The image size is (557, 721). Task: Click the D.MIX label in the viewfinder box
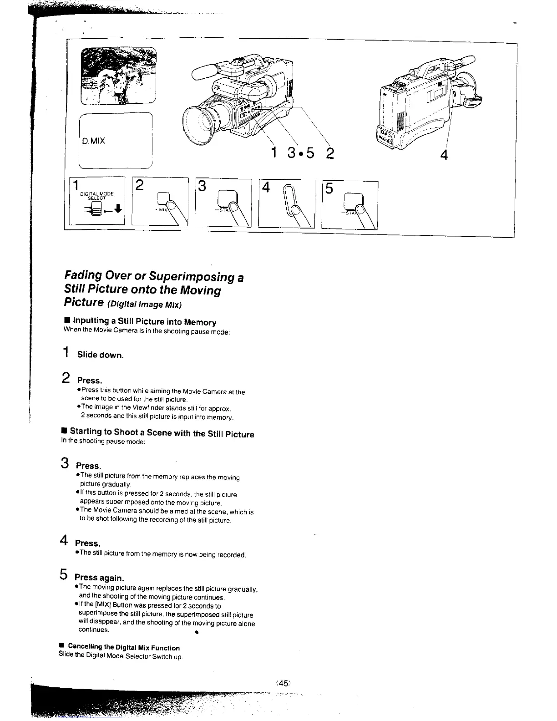click(94, 141)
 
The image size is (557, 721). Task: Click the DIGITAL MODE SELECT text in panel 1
click(96, 196)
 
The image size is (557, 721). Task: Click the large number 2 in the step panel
click(140, 185)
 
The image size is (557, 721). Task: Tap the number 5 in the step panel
click(329, 188)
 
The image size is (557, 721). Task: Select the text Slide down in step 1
click(100, 355)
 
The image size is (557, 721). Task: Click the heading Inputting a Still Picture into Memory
click(144, 322)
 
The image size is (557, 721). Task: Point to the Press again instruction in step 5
click(99, 578)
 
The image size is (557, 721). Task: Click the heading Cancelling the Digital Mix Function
click(123, 647)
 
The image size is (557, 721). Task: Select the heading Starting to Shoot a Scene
click(162, 433)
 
